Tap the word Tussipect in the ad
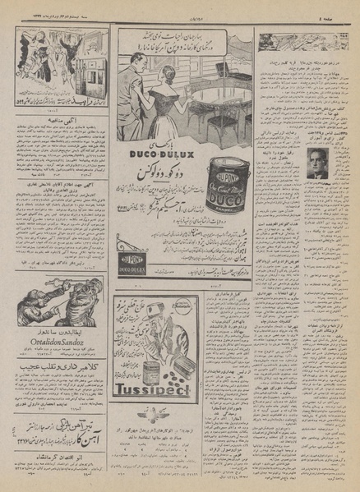coord(154,389)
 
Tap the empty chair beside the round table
coord(222,127)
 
